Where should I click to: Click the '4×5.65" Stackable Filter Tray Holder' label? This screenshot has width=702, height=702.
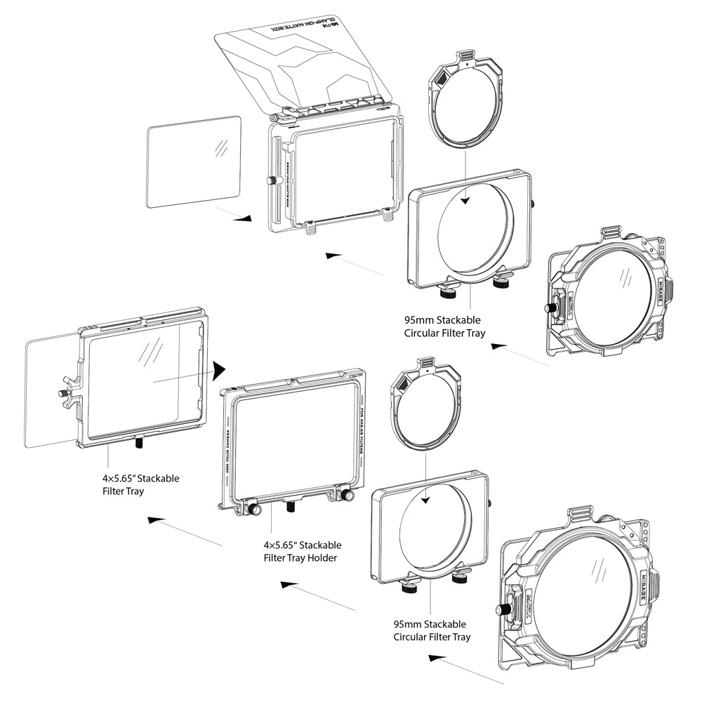303,551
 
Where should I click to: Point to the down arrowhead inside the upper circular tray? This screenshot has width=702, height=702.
465,201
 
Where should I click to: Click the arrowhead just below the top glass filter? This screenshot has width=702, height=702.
243,218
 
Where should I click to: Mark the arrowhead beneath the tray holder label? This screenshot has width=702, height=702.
287,584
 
